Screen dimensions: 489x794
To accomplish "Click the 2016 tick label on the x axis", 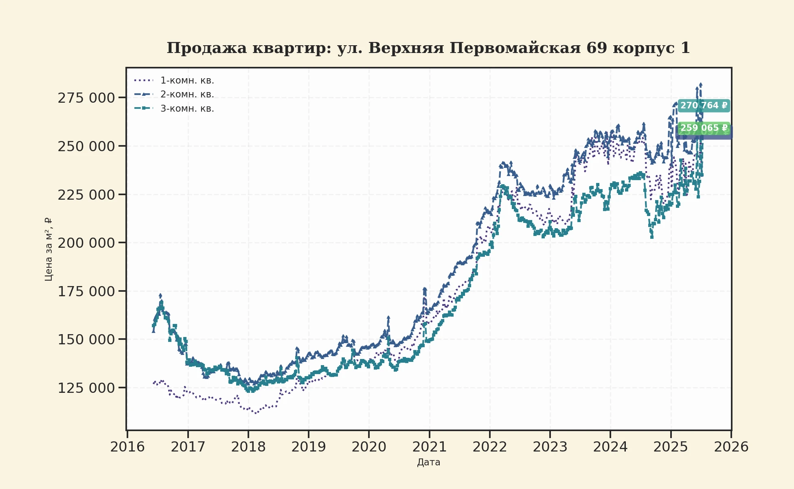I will [127, 447].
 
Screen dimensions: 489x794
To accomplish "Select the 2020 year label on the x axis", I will [369, 447].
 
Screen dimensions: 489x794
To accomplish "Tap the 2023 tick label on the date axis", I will [550, 447].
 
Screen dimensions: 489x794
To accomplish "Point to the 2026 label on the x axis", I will [731, 447].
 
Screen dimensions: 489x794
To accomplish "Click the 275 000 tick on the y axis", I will [86, 98].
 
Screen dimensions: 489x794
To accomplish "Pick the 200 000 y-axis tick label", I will [86, 243].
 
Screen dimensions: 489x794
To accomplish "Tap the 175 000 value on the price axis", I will [86, 292].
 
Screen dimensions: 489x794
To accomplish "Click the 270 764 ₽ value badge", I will [704, 106].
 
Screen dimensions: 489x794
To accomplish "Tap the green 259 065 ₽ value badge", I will [704, 128].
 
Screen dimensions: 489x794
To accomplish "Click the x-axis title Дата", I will [428, 463].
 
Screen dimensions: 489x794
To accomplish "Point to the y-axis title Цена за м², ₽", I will [48, 249].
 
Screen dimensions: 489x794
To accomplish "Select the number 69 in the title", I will [597, 48].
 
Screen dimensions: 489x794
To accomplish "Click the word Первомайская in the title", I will [515, 48].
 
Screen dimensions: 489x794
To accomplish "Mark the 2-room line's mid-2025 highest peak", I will [700, 85].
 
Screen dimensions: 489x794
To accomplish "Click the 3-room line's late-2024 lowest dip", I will [652, 236].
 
